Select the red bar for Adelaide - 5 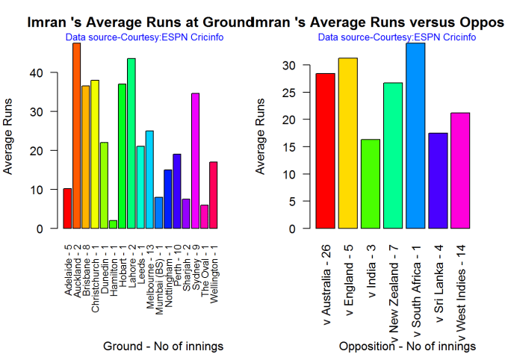[67, 209]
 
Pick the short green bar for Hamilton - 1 [113, 224]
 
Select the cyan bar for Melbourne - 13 [149, 180]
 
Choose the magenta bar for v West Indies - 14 [459, 171]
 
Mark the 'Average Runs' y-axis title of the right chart [261, 143]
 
